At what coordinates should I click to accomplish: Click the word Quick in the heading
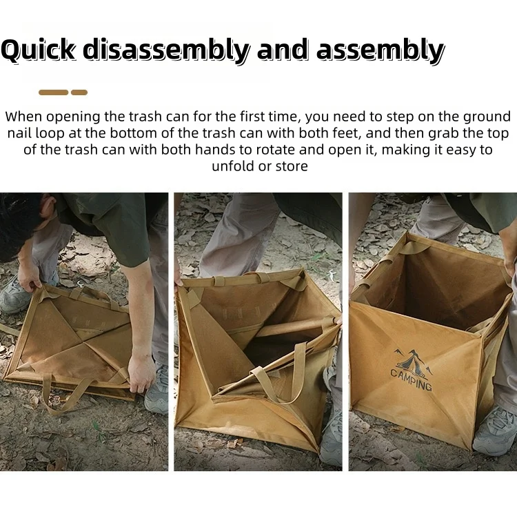pos(39,50)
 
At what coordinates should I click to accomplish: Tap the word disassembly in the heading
pos(166,50)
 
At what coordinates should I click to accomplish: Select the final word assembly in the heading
pos(381,50)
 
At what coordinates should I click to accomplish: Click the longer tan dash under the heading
pos(53,92)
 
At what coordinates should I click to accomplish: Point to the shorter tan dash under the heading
pos(79,92)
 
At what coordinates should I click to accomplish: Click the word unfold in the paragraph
pos(233,166)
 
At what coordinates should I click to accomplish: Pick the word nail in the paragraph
pos(19,133)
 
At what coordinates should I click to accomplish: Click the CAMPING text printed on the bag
pos(412,379)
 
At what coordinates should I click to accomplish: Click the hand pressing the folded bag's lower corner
pos(141,373)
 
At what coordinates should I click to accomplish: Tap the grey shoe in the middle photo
pos(331,437)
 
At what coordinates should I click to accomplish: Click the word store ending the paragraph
pos(292,166)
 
